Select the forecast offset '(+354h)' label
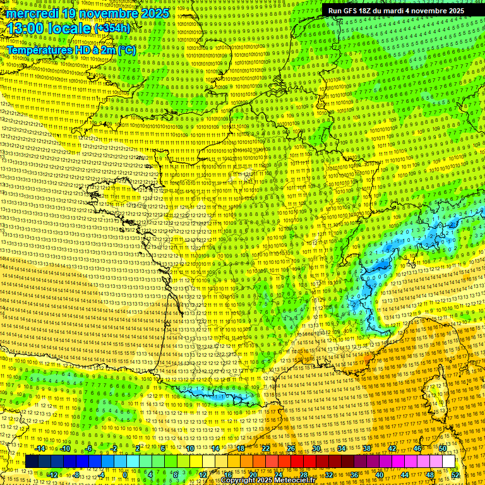112,28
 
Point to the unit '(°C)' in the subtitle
126,50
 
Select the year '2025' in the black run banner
452,11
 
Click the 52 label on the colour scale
455,474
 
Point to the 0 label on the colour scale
125,474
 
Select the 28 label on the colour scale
304,474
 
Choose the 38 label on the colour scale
366,448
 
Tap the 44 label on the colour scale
405,474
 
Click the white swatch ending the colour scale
448,462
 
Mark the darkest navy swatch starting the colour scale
31,462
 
